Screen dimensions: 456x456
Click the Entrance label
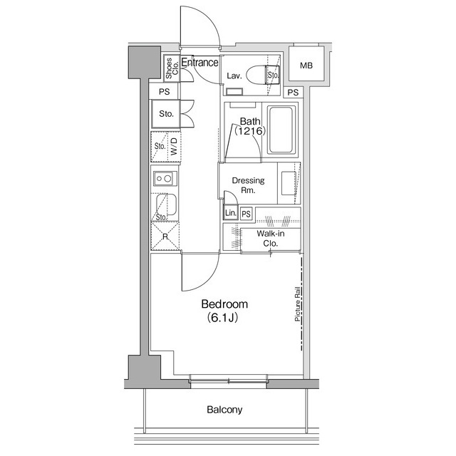(199, 62)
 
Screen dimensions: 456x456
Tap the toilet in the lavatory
(263, 75)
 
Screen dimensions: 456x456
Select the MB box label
(306, 66)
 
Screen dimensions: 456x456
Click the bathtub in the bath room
(281, 130)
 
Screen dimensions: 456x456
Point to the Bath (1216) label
(250, 126)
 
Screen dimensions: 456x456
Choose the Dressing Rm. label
(248, 185)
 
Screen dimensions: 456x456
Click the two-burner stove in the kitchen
(165, 178)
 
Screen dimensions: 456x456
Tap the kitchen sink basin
(166, 204)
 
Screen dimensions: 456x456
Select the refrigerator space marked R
(165, 236)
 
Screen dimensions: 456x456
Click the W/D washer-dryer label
(174, 146)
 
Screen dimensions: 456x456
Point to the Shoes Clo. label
(172, 68)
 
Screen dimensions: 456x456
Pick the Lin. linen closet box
(230, 212)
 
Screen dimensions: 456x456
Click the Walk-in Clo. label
(271, 239)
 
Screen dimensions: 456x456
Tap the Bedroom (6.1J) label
(224, 311)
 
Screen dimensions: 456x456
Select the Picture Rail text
(297, 304)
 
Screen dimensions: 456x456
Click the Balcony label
(224, 410)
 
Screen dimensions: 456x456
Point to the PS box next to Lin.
(246, 214)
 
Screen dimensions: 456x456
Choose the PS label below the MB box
(293, 93)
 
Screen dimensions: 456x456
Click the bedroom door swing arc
(208, 281)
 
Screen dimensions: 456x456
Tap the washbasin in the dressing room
(289, 183)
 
